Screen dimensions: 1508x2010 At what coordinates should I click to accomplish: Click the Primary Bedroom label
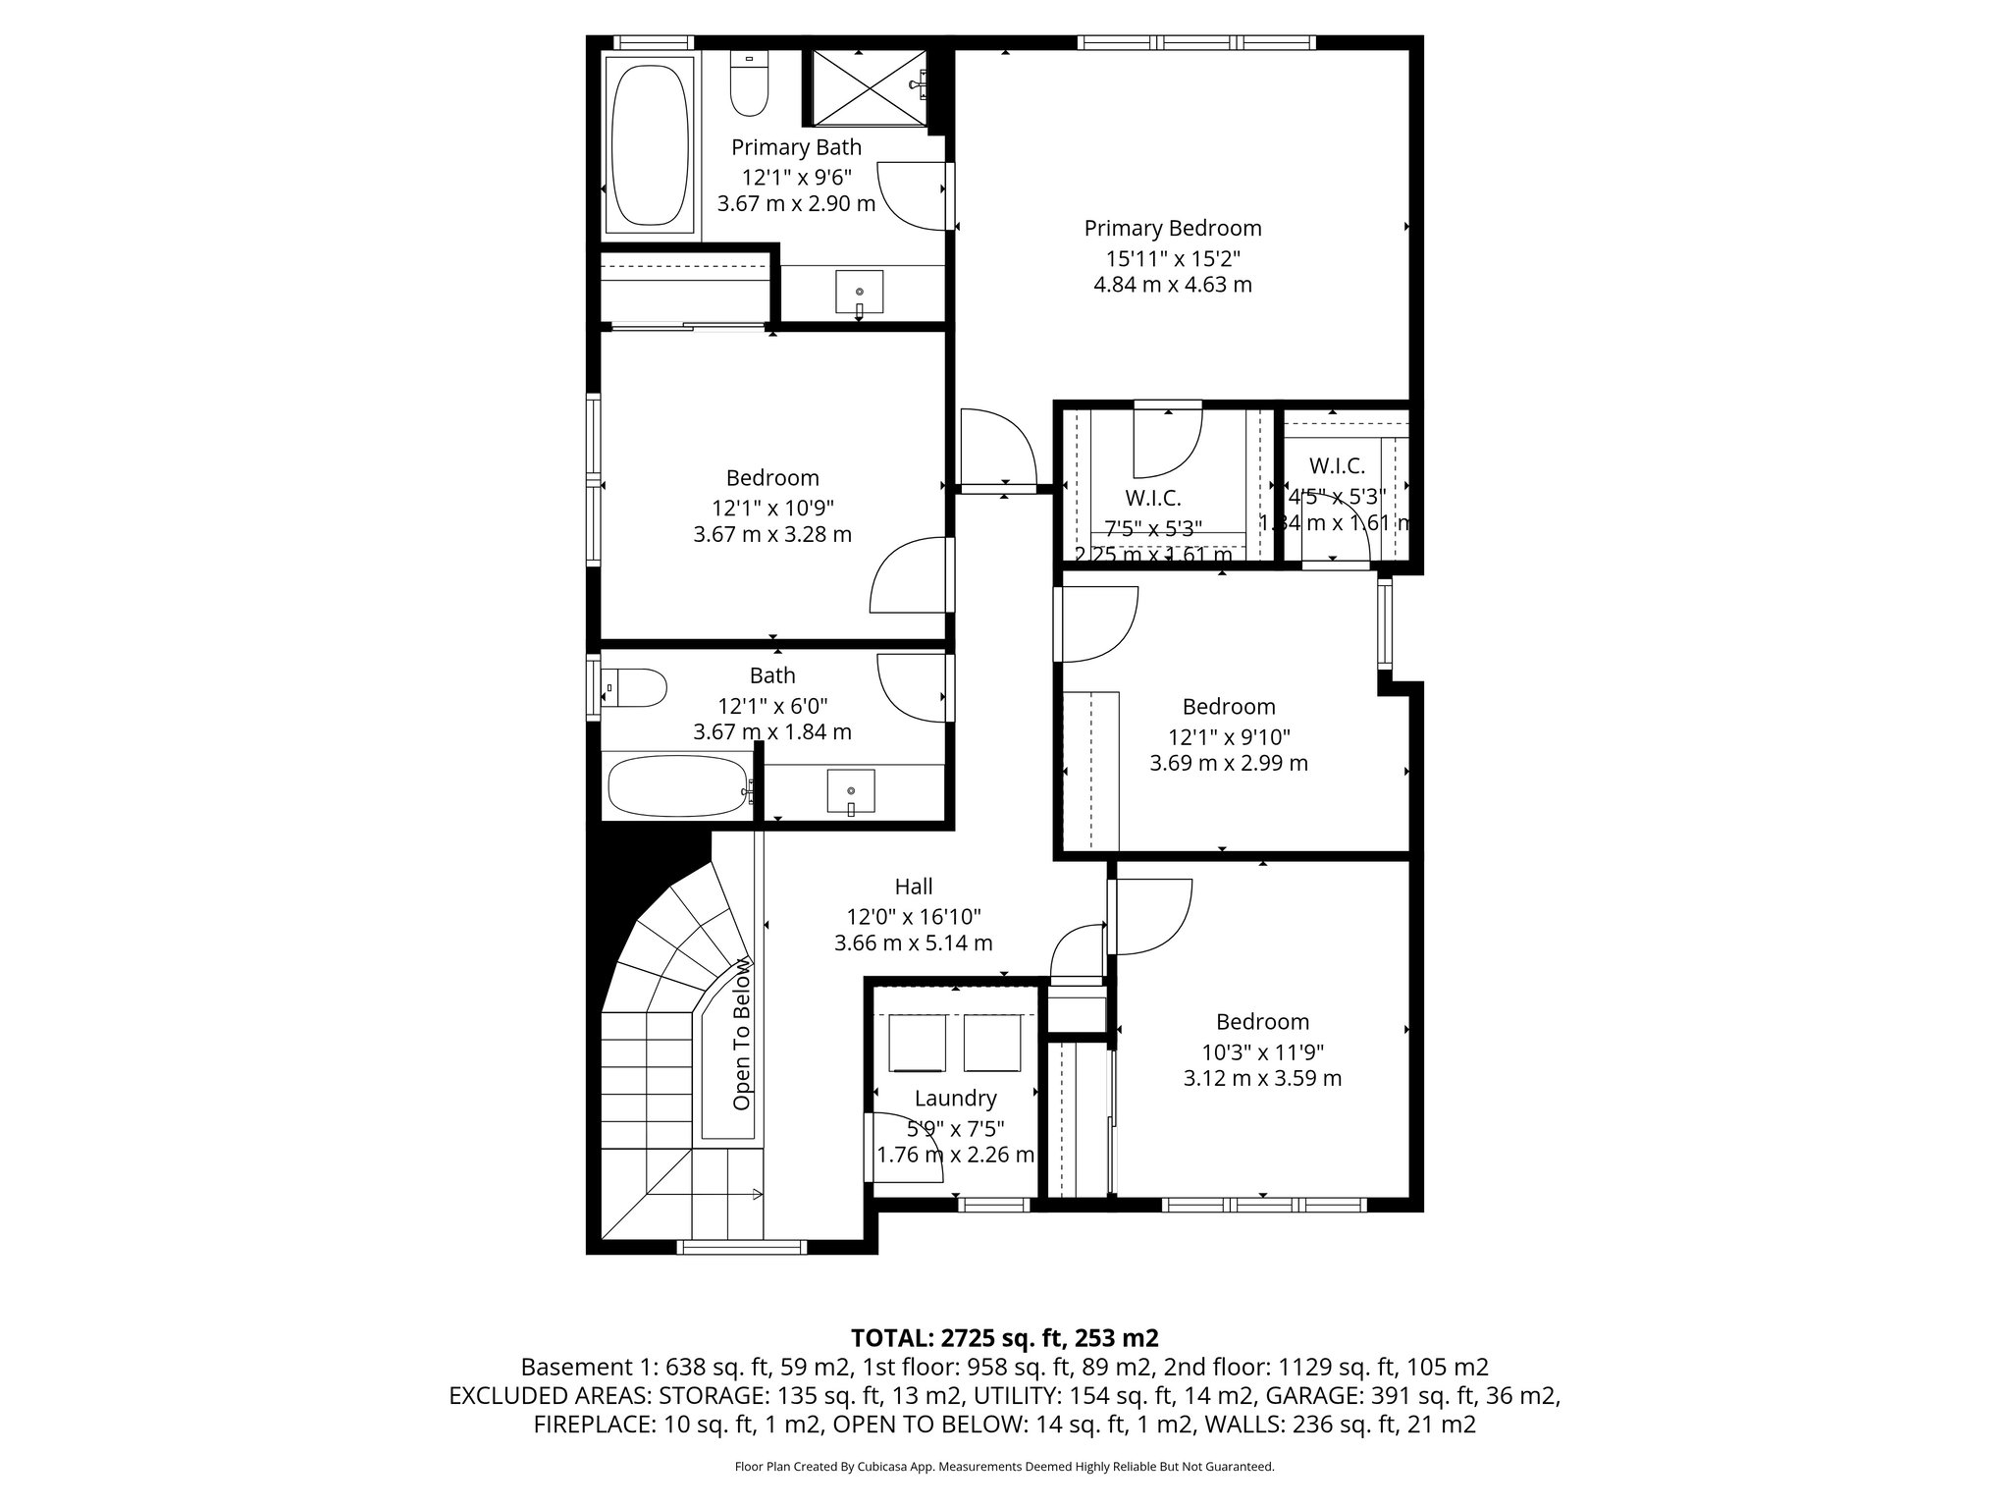1172,229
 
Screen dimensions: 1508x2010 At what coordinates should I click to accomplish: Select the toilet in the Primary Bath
749,86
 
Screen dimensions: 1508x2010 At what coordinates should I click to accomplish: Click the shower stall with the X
868,88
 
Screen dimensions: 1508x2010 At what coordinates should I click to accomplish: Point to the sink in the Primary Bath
859,293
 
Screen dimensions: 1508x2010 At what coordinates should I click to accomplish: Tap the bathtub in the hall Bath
678,786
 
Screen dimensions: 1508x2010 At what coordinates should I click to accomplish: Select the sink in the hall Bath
850,791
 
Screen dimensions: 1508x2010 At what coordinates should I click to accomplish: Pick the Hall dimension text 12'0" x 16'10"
913,917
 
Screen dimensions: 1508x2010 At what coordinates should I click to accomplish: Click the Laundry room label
955,1099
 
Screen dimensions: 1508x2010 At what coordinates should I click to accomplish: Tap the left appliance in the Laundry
917,1044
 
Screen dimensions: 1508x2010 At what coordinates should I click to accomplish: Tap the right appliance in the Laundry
991,1044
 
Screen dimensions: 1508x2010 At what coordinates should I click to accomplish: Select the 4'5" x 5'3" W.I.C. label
1337,466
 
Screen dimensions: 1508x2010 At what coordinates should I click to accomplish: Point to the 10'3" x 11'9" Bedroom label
1262,1022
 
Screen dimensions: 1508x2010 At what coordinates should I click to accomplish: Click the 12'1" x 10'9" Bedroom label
772,478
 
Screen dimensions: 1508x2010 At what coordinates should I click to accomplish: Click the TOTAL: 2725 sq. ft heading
1004,1338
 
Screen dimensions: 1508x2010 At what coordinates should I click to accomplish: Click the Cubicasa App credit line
1004,1467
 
